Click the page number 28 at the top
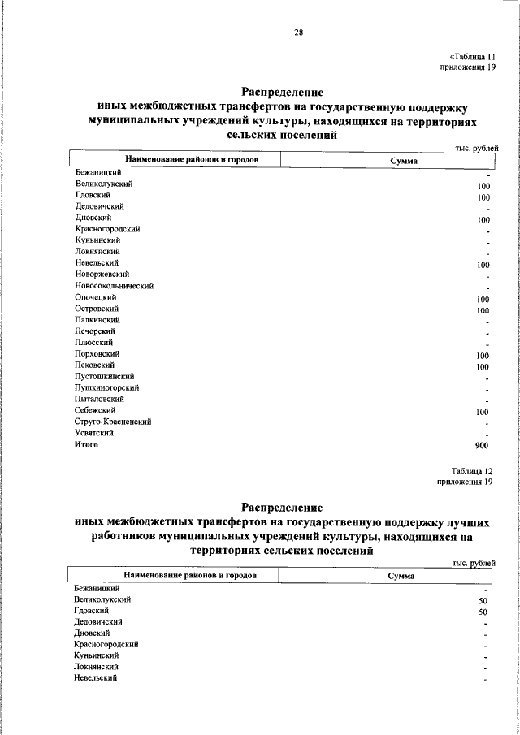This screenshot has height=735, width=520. point(298,32)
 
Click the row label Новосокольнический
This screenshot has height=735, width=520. point(114,286)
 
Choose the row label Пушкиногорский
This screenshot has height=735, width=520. point(106,388)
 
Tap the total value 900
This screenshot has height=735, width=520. point(482,446)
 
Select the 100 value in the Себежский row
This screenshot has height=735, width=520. point(483,413)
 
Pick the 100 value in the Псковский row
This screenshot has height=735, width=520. point(483,367)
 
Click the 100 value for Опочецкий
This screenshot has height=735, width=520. point(483,299)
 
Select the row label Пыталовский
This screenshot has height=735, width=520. point(100,400)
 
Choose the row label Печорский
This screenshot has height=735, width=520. point(95,331)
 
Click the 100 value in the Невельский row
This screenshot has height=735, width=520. point(483,265)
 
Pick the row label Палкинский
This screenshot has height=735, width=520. point(97,320)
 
